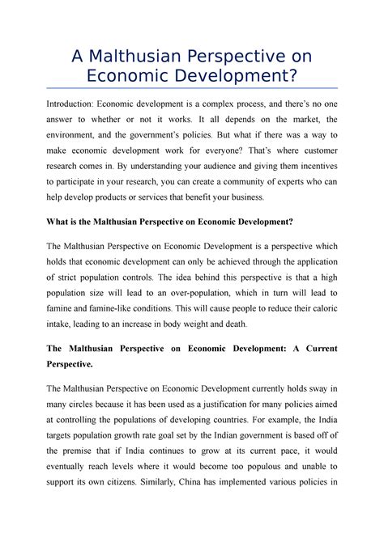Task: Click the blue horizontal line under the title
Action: point(191,87)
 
